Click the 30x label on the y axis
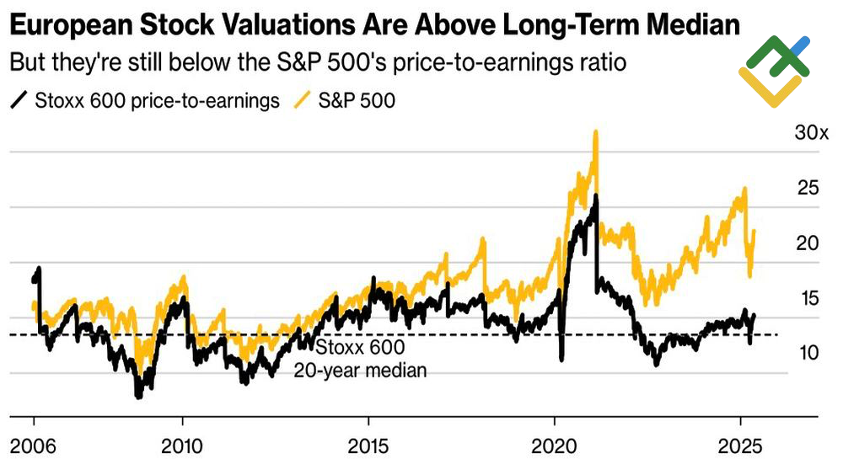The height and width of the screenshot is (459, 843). (x=813, y=133)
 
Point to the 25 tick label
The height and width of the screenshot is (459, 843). (x=808, y=188)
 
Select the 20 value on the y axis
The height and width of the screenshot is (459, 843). (x=808, y=243)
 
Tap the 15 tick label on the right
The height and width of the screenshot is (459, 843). (x=807, y=298)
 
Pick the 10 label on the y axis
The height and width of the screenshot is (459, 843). (x=807, y=353)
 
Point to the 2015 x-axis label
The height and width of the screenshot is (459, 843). (x=368, y=444)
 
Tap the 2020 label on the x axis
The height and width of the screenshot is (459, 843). (x=554, y=444)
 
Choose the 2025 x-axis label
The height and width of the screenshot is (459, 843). (x=740, y=444)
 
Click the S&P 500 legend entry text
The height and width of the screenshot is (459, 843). (x=357, y=101)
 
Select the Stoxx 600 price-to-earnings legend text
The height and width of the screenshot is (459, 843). (x=157, y=101)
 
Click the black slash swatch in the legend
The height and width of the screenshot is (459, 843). (x=19, y=101)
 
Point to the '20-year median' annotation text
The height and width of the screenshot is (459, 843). (x=360, y=370)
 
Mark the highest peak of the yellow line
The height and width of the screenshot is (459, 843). (x=596, y=132)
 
